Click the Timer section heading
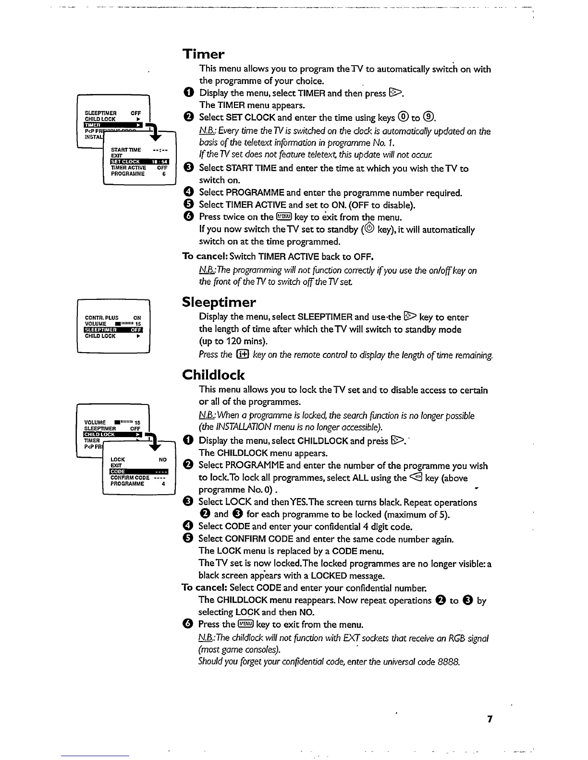[203, 54]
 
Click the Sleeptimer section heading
[219, 302]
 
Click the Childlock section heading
[213, 375]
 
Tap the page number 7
[490, 719]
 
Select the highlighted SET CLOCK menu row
[139, 162]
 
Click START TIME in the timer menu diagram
[126, 150]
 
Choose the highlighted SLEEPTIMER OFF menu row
[113, 330]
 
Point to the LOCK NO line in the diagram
[138, 459]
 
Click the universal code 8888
[449, 662]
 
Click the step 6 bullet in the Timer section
[188, 217]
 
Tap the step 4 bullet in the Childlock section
[188, 527]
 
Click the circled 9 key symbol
[429, 118]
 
